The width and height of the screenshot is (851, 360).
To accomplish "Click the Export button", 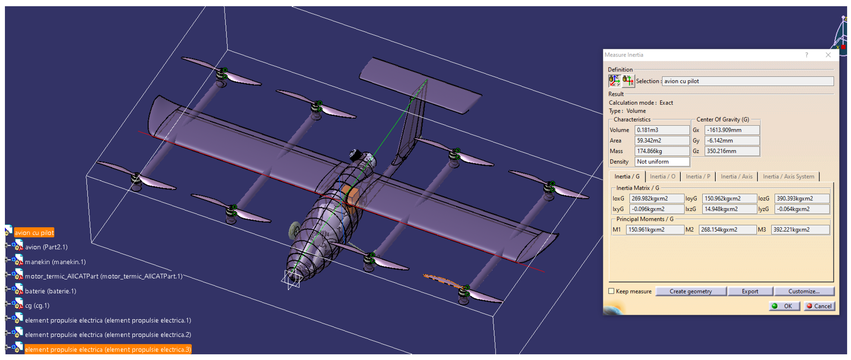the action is coord(750,291).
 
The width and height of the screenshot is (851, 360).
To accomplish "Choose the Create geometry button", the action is coord(690,291).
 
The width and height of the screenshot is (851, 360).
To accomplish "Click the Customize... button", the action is coord(804,291).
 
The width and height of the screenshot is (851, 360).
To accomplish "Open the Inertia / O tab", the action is coord(662,177).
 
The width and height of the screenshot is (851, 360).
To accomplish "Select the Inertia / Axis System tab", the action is coord(788,177).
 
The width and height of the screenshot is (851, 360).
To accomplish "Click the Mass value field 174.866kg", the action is coord(662,151).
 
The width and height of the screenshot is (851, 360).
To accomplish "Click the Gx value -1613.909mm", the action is coord(732,130).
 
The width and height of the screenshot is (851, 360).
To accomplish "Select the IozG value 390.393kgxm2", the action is coord(802,198).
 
